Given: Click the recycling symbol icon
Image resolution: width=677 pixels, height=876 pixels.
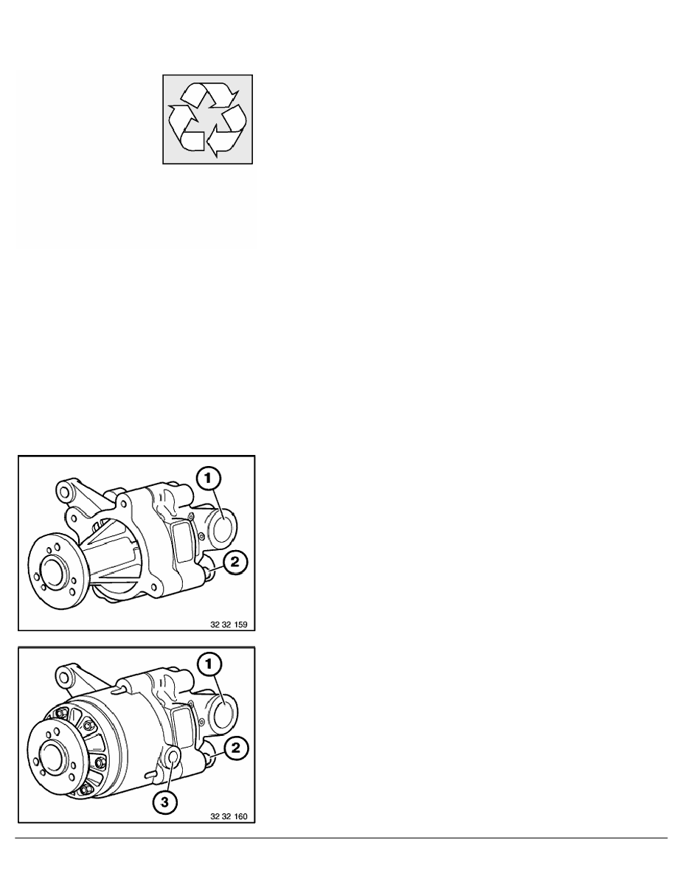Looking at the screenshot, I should [207, 119].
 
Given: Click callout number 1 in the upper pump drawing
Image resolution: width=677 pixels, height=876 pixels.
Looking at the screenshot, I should [209, 479].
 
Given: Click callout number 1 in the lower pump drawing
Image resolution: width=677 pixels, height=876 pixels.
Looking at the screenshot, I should [209, 664].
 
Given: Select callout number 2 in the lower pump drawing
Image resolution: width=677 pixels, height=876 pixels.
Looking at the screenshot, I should [234, 748].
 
